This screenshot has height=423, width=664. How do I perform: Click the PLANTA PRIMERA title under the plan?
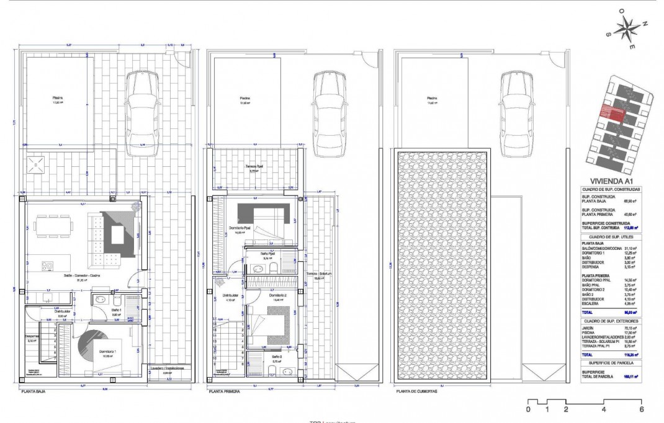[x=225, y=392]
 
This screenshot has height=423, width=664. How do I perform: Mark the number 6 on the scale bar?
[x=641, y=409]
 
